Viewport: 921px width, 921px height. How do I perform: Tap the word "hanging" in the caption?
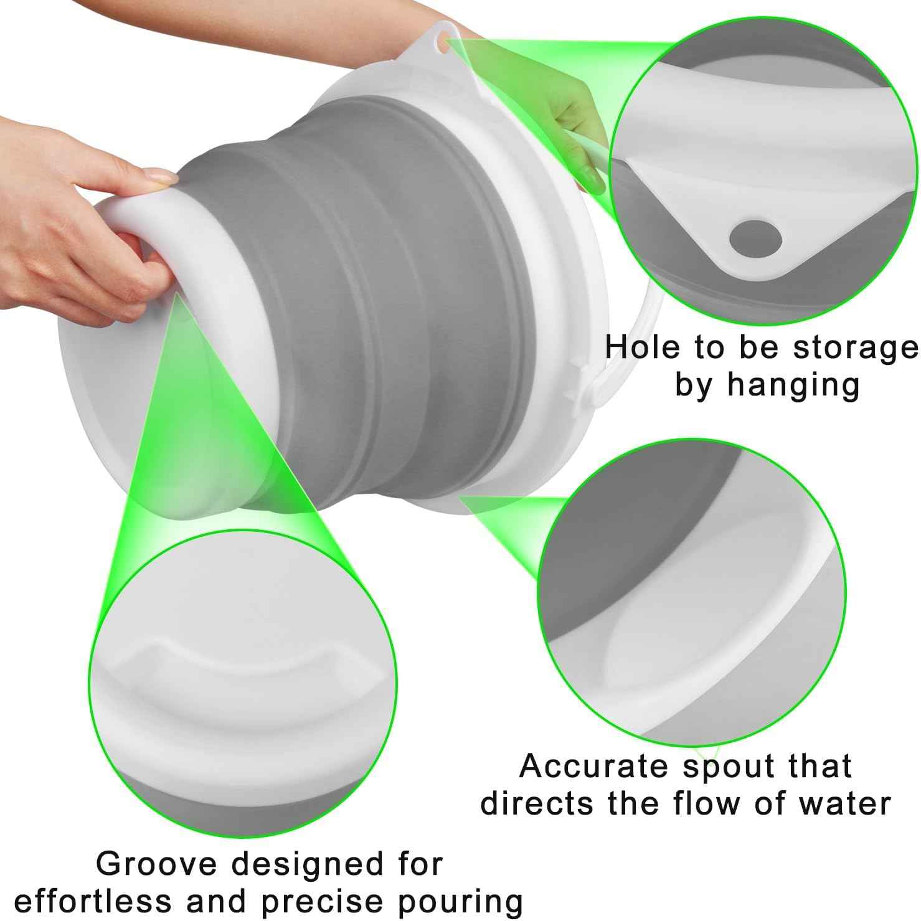(x=793, y=385)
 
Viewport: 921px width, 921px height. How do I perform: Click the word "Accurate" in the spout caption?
(x=595, y=766)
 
